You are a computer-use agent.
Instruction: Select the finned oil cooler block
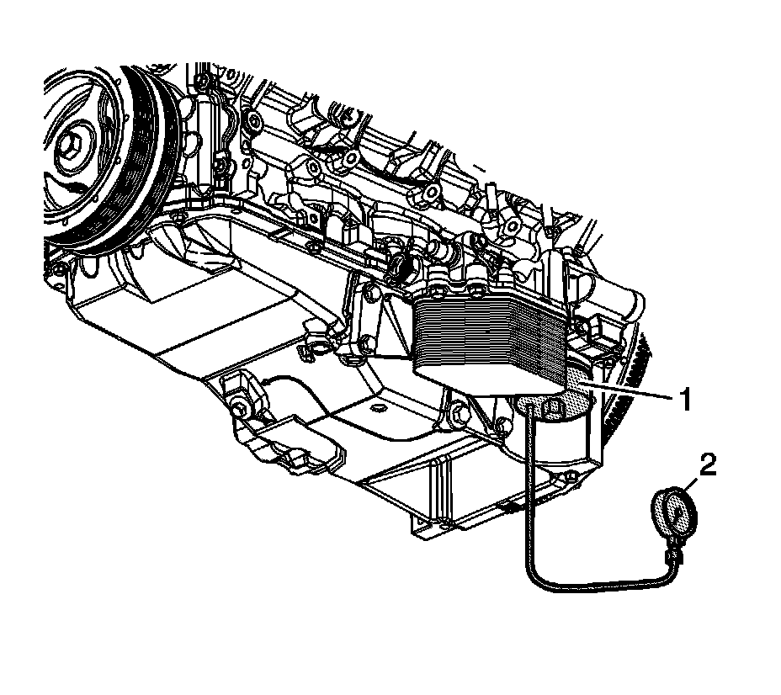[x=491, y=335]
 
